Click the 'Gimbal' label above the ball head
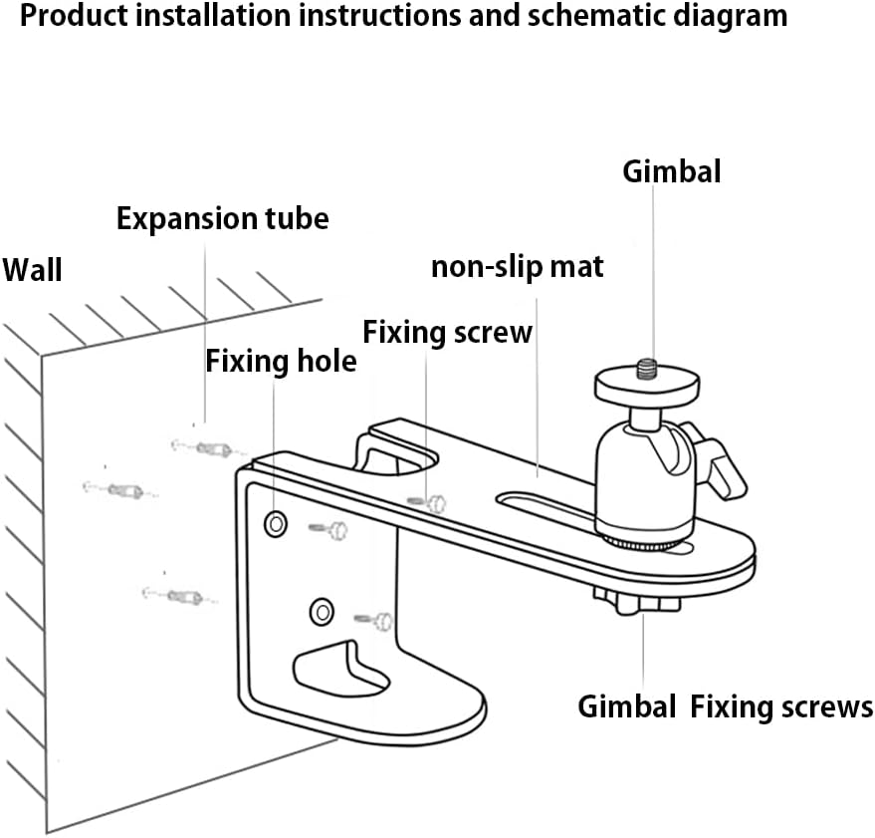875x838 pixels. point(671,171)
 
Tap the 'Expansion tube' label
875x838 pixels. point(223,218)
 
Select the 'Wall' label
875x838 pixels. point(33,270)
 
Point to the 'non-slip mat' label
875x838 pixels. point(518,266)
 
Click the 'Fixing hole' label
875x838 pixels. point(281,361)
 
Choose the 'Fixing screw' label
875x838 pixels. point(448,332)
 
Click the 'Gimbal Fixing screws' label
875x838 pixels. point(725,706)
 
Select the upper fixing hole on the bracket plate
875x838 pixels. point(276,524)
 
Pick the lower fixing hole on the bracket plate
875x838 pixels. point(322,612)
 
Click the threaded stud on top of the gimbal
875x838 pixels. point(647,369)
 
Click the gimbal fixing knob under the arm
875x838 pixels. point(638,601)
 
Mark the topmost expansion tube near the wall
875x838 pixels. point(203,447)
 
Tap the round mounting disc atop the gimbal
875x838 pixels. point(647,385)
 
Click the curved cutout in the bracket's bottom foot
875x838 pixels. point(341,668)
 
